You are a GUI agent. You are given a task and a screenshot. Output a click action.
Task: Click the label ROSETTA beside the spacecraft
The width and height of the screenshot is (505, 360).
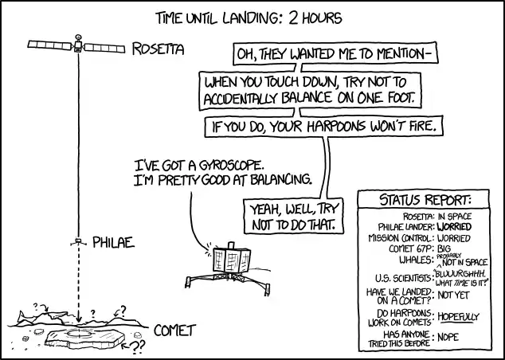(x=159, y=49)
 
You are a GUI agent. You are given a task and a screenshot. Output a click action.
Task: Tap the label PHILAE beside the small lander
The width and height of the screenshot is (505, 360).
(x=113, y=242)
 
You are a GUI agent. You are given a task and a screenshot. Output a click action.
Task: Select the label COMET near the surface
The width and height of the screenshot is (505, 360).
(x=174, y=331)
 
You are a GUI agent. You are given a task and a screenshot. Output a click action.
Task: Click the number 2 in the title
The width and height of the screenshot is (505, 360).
(x=293, y=18)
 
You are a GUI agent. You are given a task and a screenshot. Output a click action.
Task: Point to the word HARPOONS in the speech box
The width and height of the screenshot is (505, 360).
(x=336, y=127)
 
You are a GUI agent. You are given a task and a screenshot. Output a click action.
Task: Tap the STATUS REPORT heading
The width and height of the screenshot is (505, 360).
(x=425, y=200)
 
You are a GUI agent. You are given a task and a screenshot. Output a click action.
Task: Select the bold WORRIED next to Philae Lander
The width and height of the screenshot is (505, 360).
(x=454, y=227)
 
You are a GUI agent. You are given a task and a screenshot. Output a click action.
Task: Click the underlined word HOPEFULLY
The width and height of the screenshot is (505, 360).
(x=458, y=317)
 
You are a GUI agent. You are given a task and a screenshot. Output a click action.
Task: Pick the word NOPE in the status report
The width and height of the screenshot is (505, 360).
(x=448, y=337)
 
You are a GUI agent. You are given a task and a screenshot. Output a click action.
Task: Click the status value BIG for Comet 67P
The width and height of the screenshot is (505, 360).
(x=444, y=249)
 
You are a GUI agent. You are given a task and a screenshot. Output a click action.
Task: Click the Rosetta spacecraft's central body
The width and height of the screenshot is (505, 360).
(x=78, y=46)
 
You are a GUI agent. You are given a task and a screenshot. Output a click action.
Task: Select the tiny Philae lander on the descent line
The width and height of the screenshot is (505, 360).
(x=78, y=241)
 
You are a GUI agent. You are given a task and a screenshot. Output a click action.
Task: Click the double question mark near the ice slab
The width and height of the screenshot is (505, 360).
(x=138, y=346)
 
